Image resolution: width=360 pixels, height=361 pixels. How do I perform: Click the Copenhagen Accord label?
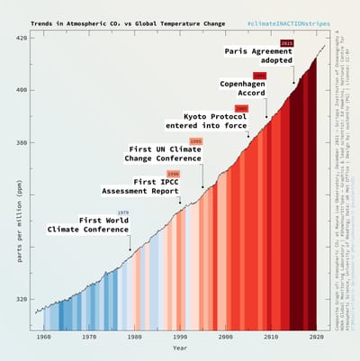pos(244,90)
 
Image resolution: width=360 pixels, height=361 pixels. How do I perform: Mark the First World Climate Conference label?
pos(89,224)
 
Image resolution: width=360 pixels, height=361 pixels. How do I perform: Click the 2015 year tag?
pos(286,42)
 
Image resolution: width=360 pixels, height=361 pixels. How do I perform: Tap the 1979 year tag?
pos(123,212)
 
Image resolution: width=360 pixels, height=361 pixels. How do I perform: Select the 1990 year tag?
pos(173,173)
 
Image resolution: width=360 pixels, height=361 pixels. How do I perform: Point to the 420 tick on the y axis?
pos(21,38)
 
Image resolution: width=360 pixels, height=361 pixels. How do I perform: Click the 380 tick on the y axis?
pos(21,142)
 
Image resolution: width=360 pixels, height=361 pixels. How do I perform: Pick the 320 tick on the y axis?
pos(21,299)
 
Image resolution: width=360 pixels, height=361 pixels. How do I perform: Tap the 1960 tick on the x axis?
pos(43,336)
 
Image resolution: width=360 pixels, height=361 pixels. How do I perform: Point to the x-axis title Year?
pos(180,347)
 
